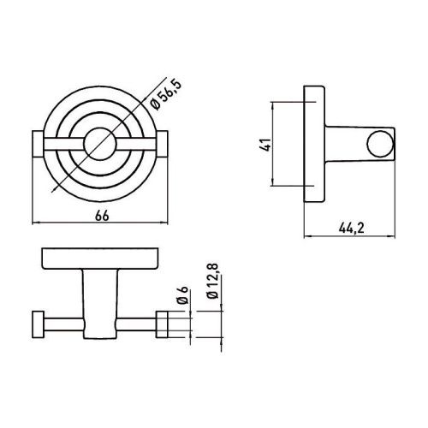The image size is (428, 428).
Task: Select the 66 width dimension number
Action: click(x=101, y=215)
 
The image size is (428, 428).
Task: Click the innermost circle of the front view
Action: click(x=101, y=142)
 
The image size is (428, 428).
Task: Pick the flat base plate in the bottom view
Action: click(x=101, y=259)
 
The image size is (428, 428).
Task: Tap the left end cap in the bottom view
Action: click(x=37, y=325)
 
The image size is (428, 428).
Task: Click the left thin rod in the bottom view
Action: click(x=60, y=325)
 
